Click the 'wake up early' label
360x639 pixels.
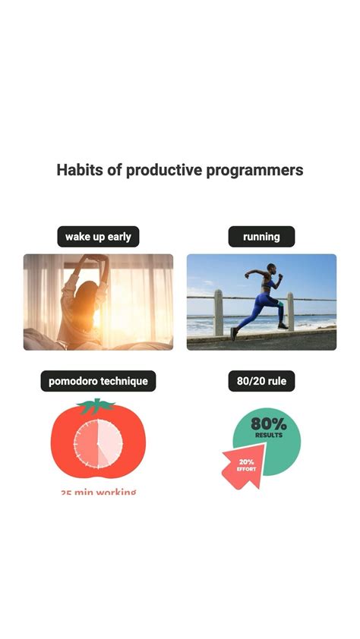(x=98, y=237)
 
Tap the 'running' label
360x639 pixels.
(x=261, y=237)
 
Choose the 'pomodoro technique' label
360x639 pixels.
(x=98, y=381)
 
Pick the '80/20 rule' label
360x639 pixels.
(x=261, y=381)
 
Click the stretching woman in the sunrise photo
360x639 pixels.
(x=87, y=304)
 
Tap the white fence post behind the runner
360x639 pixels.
(x=218, y=311)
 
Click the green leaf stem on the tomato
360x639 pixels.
(x=96, y=407)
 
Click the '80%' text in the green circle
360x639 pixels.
(x=268, y=424)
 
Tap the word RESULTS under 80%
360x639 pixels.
(x=269, y=436)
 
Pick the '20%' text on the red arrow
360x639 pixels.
(x=246, y=461)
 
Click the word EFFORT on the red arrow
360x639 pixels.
(x=246, y=469)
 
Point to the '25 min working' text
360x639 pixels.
(x=99, y=493)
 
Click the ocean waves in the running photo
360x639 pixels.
(x=205, y=326)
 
